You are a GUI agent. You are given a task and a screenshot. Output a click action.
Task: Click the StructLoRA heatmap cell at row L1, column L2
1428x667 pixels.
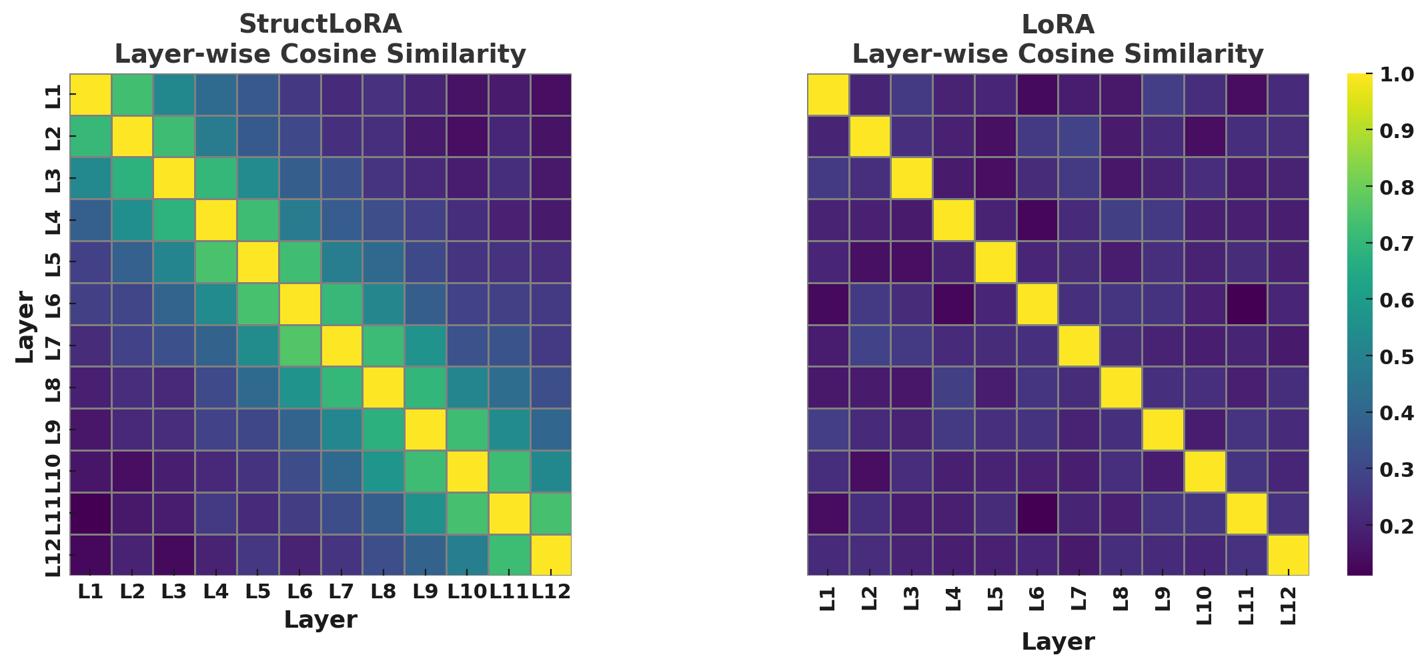click(133, 95)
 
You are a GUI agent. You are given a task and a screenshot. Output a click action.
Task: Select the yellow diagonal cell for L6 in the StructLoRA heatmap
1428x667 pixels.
click(299, 304)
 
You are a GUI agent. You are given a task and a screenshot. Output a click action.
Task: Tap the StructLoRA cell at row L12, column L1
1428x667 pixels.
click(91, 555)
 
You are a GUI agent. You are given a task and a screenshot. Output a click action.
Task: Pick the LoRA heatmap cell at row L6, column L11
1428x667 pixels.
click(1246, 304)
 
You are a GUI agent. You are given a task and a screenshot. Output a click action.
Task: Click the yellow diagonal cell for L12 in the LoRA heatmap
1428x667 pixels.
click(1288, 555)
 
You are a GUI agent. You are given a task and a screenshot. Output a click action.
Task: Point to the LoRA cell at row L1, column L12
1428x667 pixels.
click(1288, 95)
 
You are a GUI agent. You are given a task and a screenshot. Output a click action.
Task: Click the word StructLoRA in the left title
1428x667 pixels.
click(320, 24)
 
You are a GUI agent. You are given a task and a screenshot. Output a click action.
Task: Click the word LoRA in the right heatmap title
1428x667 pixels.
click(1058, 24)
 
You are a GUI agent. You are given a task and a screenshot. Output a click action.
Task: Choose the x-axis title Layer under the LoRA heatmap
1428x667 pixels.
click(1058, 642)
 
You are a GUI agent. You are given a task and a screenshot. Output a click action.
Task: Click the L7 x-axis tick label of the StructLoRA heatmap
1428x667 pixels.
click(341, 591)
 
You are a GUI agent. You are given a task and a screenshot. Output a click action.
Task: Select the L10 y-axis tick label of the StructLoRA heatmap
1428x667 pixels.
click(53, 471)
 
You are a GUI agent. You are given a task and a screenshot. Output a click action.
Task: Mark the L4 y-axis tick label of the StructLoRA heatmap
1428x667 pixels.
click(53, 220)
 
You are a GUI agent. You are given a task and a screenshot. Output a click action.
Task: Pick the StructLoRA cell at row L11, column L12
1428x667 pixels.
click(550, 514)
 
